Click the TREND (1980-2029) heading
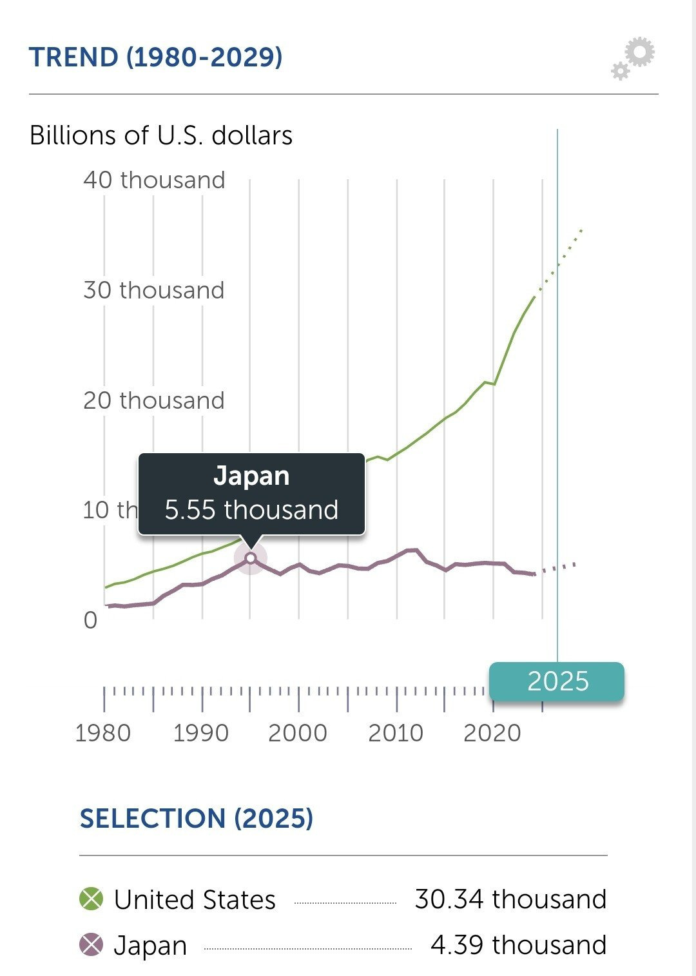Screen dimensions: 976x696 coord(155,57)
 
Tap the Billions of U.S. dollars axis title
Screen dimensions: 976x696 coord(161,136)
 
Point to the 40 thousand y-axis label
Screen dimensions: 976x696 coord(154,180)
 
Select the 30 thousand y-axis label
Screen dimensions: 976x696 coord(154,290)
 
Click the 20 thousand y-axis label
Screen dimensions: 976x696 coord(154,400)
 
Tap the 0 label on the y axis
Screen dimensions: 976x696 coord(90,620)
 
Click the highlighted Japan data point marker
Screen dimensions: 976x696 coord(251,558)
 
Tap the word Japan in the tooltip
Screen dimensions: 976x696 coord(251,476)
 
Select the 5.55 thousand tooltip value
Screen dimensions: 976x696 coord(251,510)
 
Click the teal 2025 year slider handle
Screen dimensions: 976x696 coord(557,681)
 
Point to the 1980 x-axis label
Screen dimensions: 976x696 coord(103,733)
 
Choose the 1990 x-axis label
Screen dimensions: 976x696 coord(201,733)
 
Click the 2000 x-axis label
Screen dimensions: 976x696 coord(298,733)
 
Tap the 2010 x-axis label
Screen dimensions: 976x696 coord(396,733)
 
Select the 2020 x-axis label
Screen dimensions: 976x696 coord(492,733)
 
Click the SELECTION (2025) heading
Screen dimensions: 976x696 coord(197,819)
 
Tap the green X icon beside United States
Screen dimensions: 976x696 coord(91,899)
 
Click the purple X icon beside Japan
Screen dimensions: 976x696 coord(91,945)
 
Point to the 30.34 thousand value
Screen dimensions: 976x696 coord(510,899)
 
